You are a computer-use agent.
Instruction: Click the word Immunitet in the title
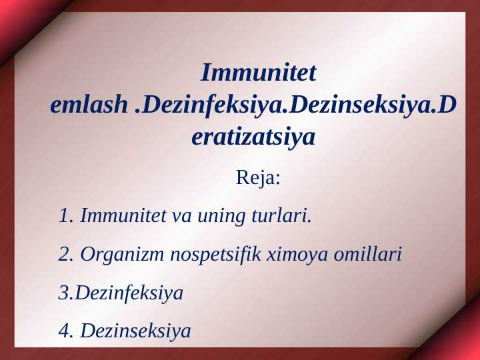pos(259,72)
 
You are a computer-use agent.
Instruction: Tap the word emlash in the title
pos(88,105)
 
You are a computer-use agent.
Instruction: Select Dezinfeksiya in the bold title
pos(217,105)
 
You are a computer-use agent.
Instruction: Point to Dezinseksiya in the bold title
pos(360,105)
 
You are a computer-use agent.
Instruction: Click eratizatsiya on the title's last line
pos(253,138)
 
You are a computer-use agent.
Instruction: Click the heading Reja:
pos(259,179)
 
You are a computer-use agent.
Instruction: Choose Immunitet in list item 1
pos(124,216)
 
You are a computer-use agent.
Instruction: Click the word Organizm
pos(123,255)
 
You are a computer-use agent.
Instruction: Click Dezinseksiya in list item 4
pos(135,331)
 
